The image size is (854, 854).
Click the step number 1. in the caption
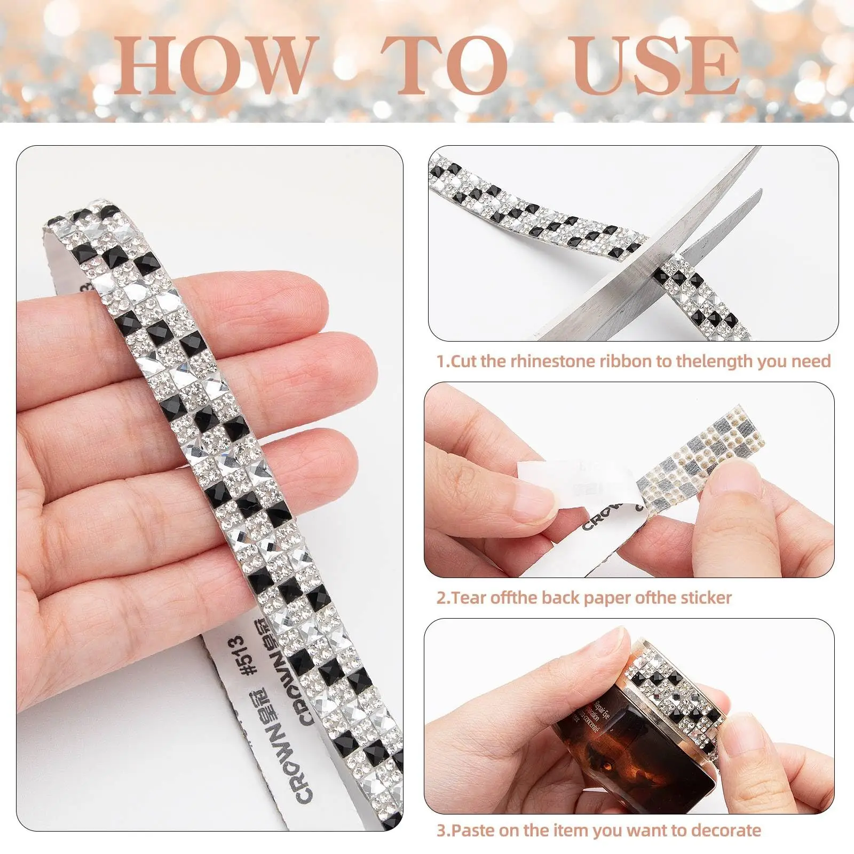[443, 361]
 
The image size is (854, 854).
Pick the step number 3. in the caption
[443, 831]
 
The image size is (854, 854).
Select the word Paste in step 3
[470, 831]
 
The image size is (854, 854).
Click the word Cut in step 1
[464, 361]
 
